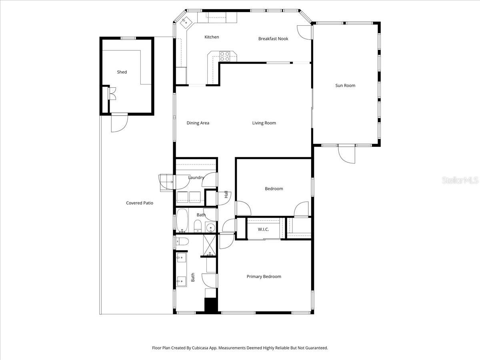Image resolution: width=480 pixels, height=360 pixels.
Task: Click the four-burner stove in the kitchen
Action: click(x=225, y=56)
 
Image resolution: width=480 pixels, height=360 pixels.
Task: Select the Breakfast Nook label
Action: click(x=273, y=39)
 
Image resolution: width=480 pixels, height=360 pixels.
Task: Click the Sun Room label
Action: click(x=345, y=86)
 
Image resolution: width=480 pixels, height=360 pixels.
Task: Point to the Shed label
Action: click(x=122, y=72)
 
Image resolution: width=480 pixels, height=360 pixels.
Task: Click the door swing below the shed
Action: click(x=119, y=123)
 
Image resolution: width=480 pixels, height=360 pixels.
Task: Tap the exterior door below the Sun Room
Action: click(x=346, y=154)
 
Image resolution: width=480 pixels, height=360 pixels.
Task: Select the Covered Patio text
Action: click(x=140, y=203)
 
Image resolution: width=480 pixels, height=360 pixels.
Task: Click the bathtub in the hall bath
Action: click(x=182, y=220)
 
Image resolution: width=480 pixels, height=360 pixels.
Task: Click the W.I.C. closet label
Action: click(x=263, y=229)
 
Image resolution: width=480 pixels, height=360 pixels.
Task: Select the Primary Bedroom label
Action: click(x=264, y=277)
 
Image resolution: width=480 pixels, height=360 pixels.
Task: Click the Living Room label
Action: click(x=264, y=123)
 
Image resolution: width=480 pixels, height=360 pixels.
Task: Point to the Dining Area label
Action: click(x=198, y=123)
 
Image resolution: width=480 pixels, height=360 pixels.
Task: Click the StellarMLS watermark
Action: click(x=460, y=181)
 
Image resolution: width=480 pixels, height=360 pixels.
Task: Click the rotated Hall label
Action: click(x=226, y=195)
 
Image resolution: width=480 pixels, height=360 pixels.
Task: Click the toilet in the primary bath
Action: click(x=182, y=241)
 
